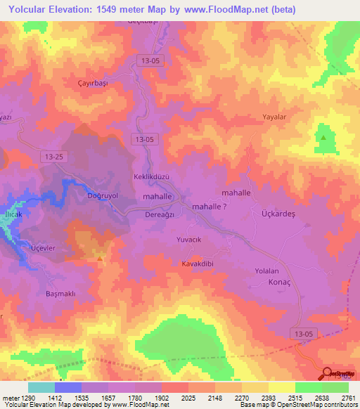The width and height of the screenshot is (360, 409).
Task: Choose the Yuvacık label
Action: pyautogui.click(x=188, y=240)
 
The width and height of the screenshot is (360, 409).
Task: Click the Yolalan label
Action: pyautogui.click(x=267, y=271)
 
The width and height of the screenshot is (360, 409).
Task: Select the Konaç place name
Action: pyautogui.click(x=280, y=283)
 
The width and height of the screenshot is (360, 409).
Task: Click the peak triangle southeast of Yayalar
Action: pyautogui.click(x=323, y=138)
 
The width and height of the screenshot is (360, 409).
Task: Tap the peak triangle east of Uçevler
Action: pyautogui.click(x=101, y=258)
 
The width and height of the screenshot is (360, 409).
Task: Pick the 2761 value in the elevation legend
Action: pyautogui.click(x=348, y=398)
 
